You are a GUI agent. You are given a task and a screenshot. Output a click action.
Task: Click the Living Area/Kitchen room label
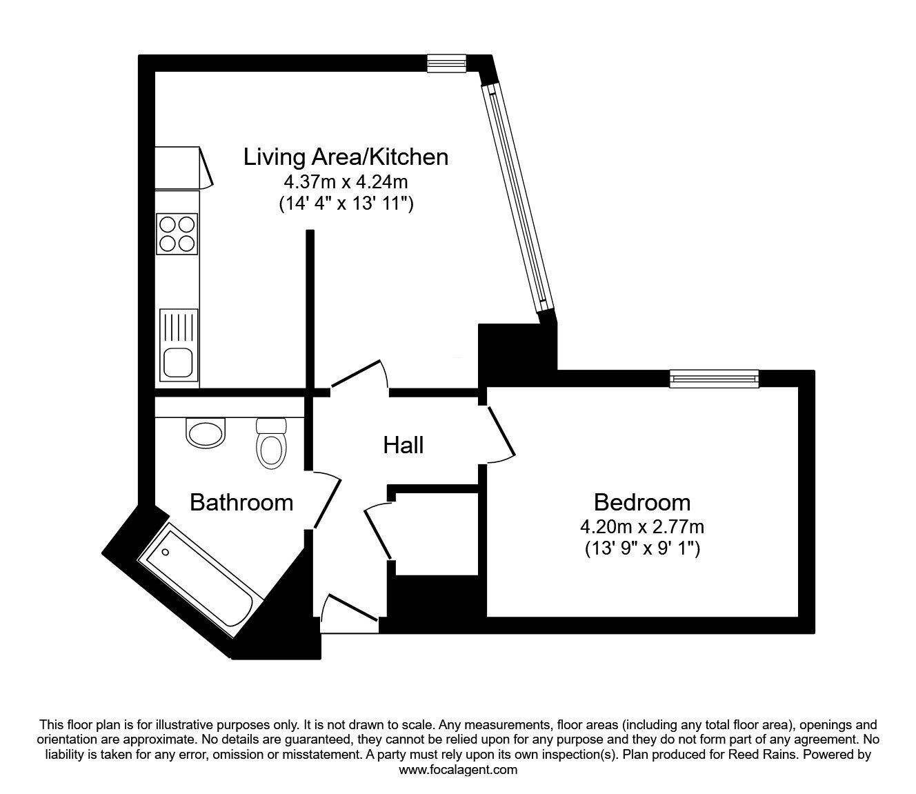346,157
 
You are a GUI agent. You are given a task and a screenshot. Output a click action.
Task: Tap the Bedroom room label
642,503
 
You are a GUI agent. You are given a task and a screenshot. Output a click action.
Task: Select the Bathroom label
241,503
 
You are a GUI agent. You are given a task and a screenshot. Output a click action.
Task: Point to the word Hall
404,445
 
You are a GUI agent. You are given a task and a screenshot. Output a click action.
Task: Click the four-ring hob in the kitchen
177,234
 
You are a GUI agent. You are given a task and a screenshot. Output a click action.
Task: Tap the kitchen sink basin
178,361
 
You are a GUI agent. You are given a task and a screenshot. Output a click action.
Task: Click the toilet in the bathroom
271,444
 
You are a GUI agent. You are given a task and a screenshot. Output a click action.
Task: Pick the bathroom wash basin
206,433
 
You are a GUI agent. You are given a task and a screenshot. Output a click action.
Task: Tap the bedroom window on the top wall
714,379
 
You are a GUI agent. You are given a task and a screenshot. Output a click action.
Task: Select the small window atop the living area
447,63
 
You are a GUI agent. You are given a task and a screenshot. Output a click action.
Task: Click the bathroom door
327,501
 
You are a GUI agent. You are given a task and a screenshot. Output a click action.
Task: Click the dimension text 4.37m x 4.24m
346,181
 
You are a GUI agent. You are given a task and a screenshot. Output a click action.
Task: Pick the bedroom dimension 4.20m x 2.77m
642,527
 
